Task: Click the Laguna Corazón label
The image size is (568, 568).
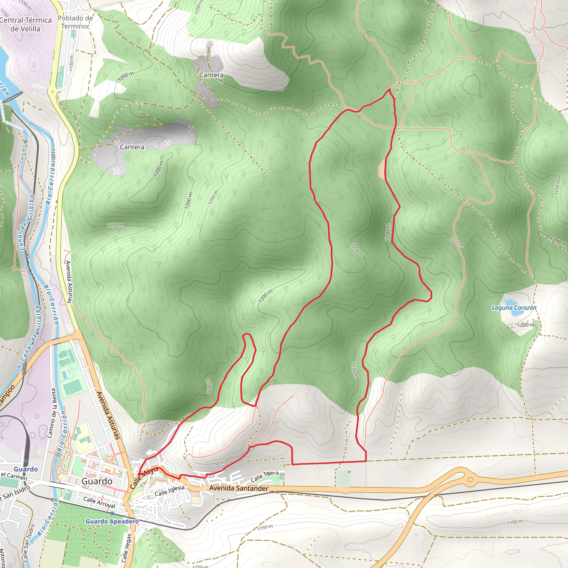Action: [x=514, y=308]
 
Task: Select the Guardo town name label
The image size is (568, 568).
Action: [x=97, y=481]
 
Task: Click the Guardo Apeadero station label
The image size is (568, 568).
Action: [x=112, y=521]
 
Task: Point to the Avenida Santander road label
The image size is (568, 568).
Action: [x=239, y=488]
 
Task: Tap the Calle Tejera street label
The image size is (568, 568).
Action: [x=265, y=476]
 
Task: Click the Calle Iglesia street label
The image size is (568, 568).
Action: [x=170, y=490]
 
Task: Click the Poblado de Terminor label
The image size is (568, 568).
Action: [x=75, y=22]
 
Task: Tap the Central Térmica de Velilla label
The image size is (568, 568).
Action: [x=26, y=24]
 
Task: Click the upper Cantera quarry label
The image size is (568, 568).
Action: [x=211, y=75]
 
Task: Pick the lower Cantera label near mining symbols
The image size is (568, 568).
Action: [x=132, y=147]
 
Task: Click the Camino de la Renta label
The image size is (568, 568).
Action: [x=52, y=413]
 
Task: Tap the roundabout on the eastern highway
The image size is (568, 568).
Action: [x=470, y=480]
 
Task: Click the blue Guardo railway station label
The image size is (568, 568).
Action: [x=26, y=469]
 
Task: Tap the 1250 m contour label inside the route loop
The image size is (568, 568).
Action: [x=357, y=250]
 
